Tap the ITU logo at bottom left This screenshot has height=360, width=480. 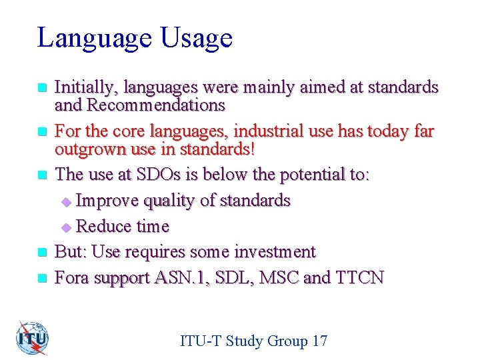(33, 338)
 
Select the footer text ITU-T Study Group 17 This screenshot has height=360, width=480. (253, 341)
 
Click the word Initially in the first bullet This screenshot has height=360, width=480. (83, 87)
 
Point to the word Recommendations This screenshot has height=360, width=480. (157, 105)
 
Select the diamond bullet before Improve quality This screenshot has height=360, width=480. (65, 201)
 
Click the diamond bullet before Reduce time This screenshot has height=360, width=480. (65, 227)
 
